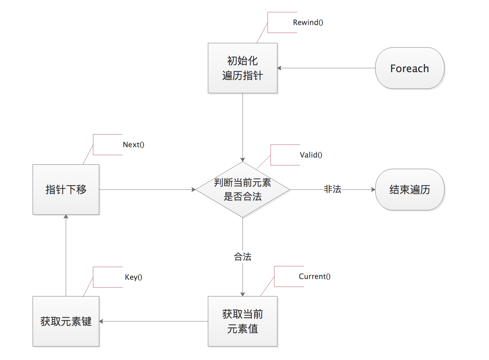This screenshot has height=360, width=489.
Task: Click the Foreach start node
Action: pos(409,68)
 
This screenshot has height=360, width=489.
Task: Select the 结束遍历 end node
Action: pos(409,190)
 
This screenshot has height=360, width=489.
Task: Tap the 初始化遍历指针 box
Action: pos(242,68)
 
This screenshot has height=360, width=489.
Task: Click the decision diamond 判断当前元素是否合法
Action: pos(242,190)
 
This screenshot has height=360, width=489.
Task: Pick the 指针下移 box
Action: pos(66,190)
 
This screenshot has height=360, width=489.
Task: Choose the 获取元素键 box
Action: pos(66,321)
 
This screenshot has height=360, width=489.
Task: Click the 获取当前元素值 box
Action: pos(242,321)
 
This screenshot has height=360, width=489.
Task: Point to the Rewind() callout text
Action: pos(308,22)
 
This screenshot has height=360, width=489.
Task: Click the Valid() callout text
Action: pos(311,155)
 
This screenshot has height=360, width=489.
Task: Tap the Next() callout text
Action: pos(133,145)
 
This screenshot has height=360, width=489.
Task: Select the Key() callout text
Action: pos(133,277)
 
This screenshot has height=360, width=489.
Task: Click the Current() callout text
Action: pos(314,276)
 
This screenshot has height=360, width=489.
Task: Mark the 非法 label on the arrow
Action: pos(332,189)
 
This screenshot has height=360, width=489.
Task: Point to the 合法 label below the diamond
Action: pos(242,257)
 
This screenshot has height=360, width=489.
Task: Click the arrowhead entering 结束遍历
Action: pos(373,190)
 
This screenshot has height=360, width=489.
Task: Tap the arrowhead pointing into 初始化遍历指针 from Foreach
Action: pos(279,68)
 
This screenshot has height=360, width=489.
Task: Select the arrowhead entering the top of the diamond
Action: pos(243,160)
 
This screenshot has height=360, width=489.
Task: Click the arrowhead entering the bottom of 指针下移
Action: pos(66,217)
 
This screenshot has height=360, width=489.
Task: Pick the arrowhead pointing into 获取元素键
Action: pos(101,321)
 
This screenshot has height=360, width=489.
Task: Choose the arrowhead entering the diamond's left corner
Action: pos(194,190)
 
